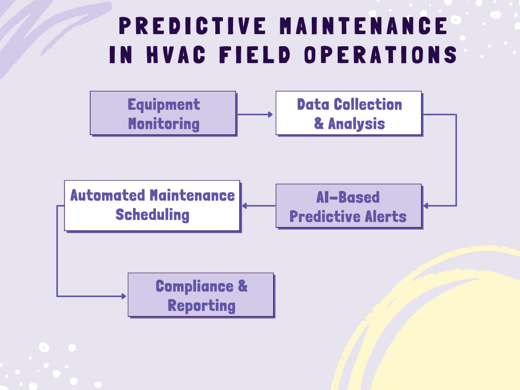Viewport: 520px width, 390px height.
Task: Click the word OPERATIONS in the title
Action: click(380, 55)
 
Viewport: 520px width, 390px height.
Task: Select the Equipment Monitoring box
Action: click(163, 113)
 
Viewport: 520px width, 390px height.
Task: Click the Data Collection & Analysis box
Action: click(348, 113)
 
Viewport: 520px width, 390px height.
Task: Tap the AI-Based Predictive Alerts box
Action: click(348, 206)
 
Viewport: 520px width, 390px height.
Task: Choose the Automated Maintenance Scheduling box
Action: click(152, 205)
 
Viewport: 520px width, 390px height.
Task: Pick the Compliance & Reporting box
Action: click(201, 295)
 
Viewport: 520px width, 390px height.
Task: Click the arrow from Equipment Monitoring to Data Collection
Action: click(255, 114)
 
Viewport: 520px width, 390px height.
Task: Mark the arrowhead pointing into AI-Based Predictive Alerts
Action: click(426, 206)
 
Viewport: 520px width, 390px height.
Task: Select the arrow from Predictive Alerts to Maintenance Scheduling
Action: click(258, 206)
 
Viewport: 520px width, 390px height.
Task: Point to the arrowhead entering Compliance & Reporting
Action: click(124, 296)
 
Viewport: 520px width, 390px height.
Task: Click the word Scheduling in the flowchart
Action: click(152, 214)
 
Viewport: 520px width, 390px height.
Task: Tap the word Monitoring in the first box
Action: click(164, 123)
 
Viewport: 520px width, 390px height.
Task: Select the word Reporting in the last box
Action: click(202, 306)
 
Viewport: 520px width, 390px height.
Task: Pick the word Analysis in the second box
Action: click(356, 123)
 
